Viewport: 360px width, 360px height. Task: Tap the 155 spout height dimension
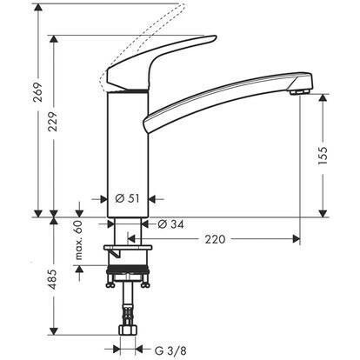click(x=323, y=154)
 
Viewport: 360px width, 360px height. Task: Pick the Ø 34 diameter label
click(x=167, y=225)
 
